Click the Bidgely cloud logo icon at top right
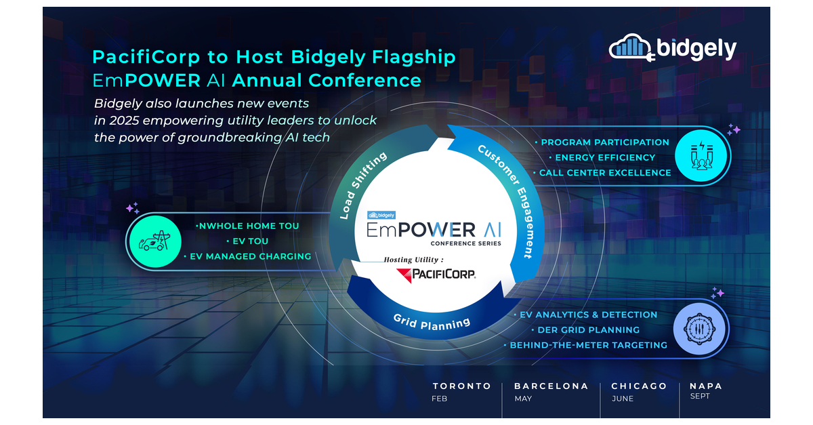(631, 47)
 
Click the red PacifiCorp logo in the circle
(436, 274)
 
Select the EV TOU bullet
(247, 241)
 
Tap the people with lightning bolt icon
(701, 157)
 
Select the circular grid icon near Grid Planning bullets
(701, 330)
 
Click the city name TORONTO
(462, 386)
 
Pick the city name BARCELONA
(551, 386)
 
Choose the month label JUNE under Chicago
(622, 399)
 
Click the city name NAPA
(706, 386)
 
